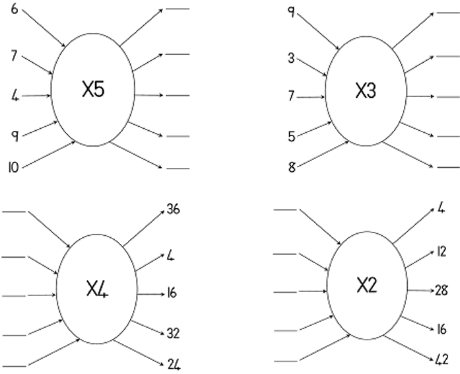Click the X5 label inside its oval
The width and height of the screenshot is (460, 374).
tap(93, 91)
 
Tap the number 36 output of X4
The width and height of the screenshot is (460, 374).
tap(174, 210)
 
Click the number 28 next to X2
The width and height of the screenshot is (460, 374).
tap(441, 290)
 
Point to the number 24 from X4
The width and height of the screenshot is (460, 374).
tap(174, 364)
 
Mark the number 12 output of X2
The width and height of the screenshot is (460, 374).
tap(440, 252)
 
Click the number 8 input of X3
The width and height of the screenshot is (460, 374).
tap(291, 167)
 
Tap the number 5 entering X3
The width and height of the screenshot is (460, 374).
tap(291, 137)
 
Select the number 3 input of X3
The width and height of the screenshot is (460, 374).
tap(291, 58)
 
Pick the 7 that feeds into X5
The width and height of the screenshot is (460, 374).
tap(14, 56)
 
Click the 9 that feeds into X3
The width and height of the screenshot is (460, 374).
tap(291, 13)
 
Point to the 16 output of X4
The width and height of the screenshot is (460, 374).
tap(172, 293)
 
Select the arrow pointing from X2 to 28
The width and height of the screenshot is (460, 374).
tap(418, 290)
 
